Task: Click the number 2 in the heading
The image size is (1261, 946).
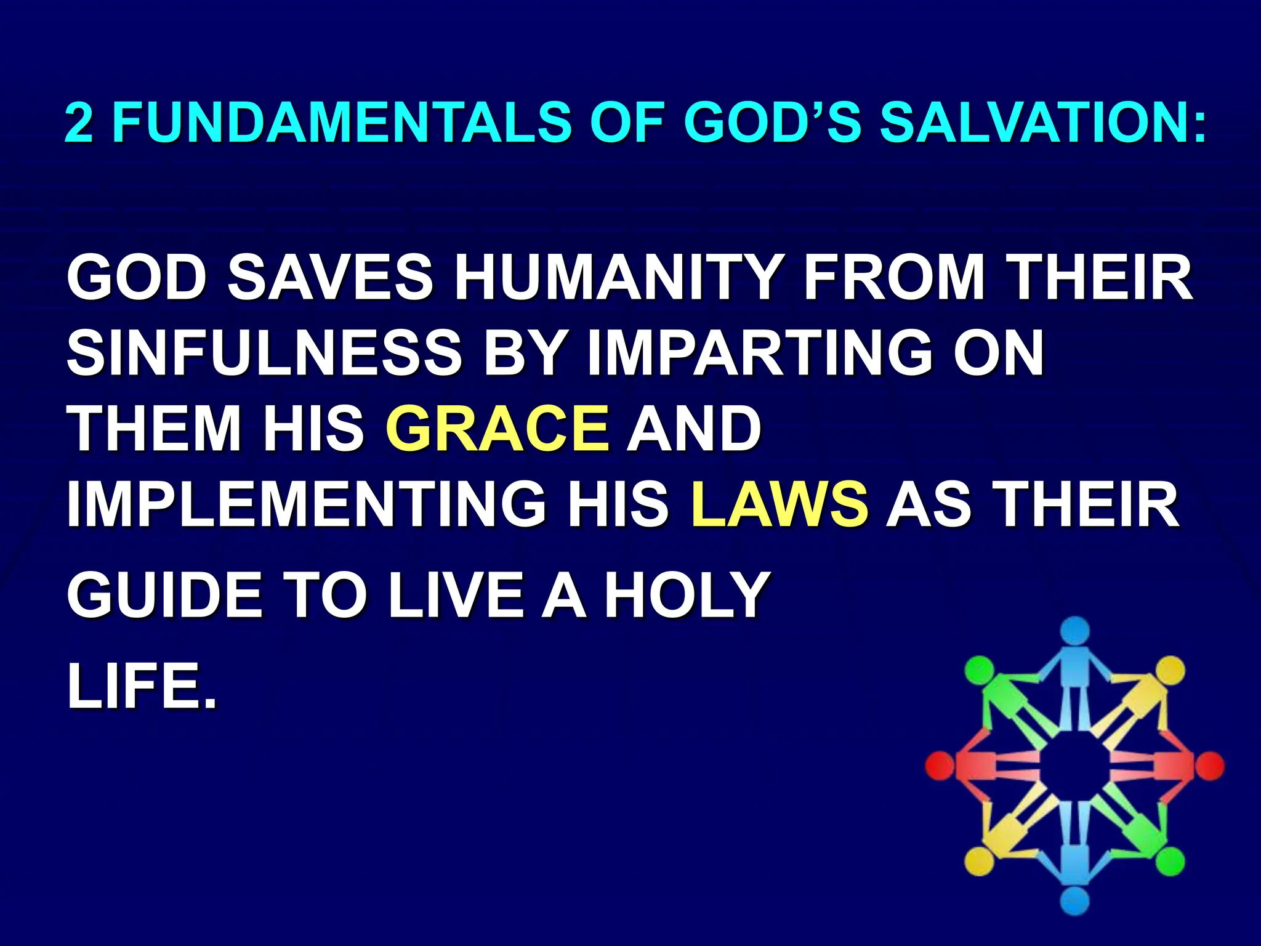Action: coord(79,121)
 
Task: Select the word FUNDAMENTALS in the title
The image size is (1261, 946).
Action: coord(342,121)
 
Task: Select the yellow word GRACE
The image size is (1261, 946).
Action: coord(498,428)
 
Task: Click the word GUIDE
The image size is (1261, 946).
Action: coord(165,595)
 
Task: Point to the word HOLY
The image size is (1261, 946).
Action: coord(687,595)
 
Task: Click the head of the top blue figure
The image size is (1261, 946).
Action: coord(1075,632)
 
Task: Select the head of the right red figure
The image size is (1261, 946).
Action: coord(1209,766)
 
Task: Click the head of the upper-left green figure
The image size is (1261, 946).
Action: coord(979,671)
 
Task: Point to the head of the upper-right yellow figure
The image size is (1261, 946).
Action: coord(1170,671)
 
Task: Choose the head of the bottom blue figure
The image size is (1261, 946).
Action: coord(1075,901)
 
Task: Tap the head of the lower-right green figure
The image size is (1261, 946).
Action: coord(1170,861)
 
